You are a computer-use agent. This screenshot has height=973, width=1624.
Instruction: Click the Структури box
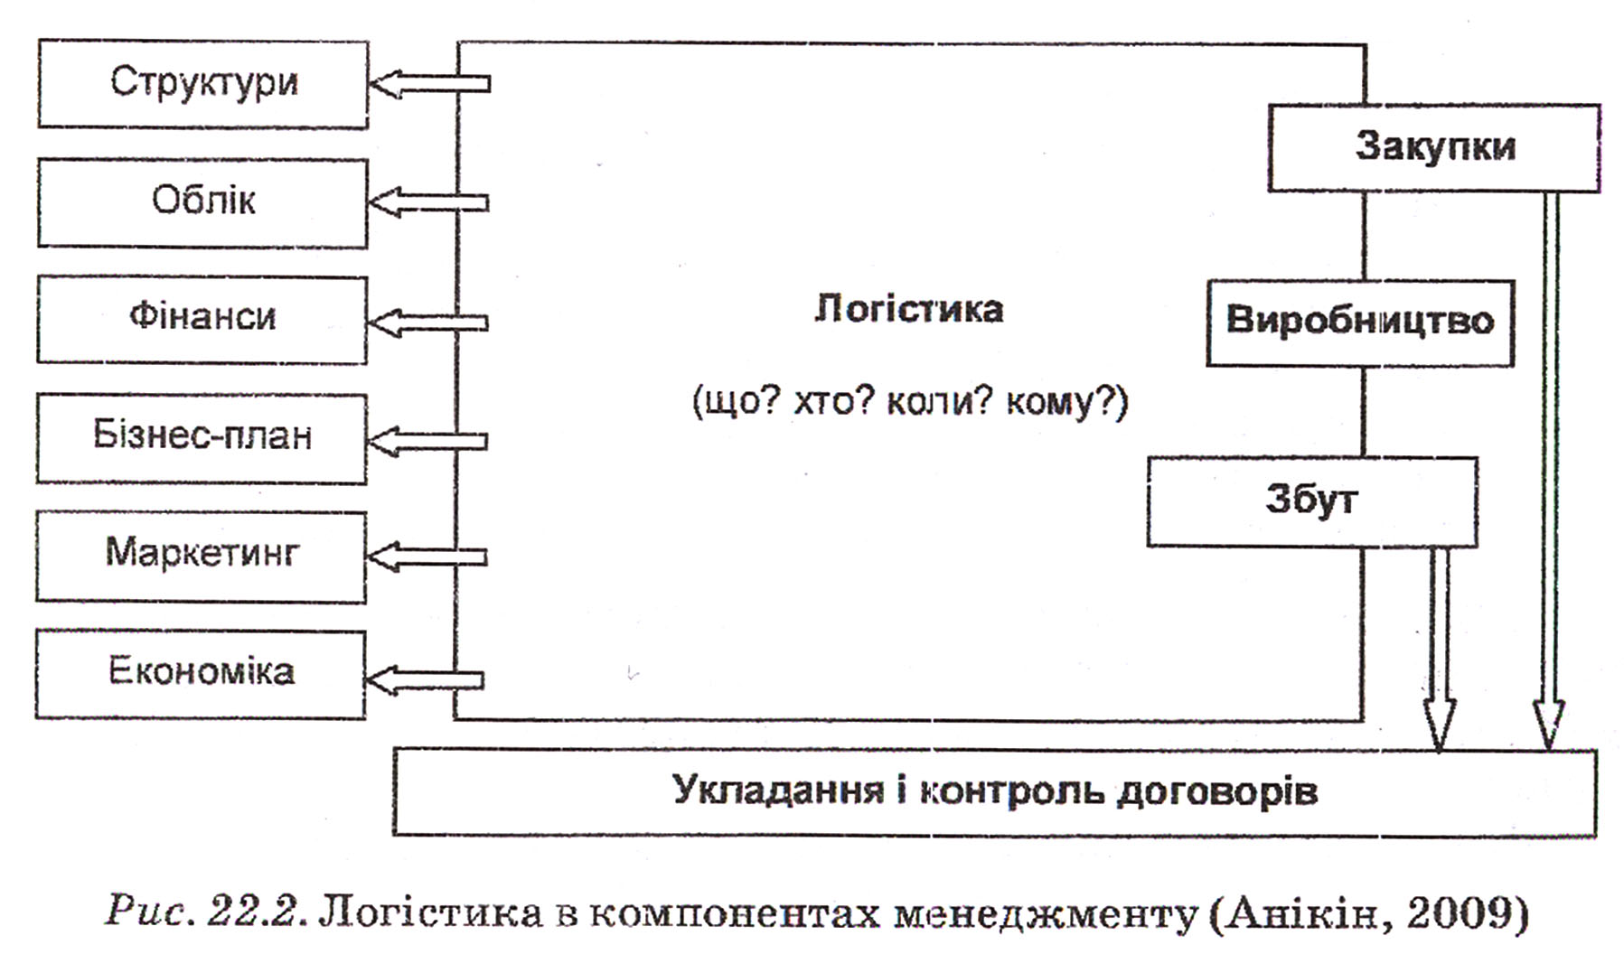click(203, 84)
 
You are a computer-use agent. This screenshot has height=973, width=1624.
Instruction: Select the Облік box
click(202, 202)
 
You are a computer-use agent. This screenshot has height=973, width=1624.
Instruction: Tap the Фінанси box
click(202, 320)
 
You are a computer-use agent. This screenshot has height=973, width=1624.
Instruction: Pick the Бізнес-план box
click(202, 438)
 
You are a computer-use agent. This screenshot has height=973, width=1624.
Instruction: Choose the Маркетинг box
click(201, 557)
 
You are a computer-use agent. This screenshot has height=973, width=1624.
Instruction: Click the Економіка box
click(200, 675)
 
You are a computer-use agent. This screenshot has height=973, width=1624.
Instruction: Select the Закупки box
click(1434, 147)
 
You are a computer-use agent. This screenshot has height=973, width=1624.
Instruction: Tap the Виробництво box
click(1360, 323)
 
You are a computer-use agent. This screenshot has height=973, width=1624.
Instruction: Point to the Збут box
click(1312, 501)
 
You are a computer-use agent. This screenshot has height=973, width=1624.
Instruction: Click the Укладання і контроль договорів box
click(995, 791)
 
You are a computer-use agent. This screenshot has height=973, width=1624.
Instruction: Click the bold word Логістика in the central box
click(908, 309)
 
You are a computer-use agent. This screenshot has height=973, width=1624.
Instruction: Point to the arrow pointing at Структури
click(430, 84)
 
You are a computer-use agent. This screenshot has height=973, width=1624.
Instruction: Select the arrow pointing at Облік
click(429, 202)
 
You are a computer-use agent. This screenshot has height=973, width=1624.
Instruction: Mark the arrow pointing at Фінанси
click(428, 323)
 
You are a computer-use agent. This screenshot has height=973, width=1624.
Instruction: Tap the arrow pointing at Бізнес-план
click(427, 441)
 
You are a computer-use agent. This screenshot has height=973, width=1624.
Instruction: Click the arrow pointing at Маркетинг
click(427, 557)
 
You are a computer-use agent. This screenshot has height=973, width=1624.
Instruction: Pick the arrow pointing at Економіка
click(424, 679)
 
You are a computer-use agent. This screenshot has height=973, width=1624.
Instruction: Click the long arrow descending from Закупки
click(1549, 470)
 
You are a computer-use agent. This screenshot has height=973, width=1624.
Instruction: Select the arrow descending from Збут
click(1439, 649)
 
